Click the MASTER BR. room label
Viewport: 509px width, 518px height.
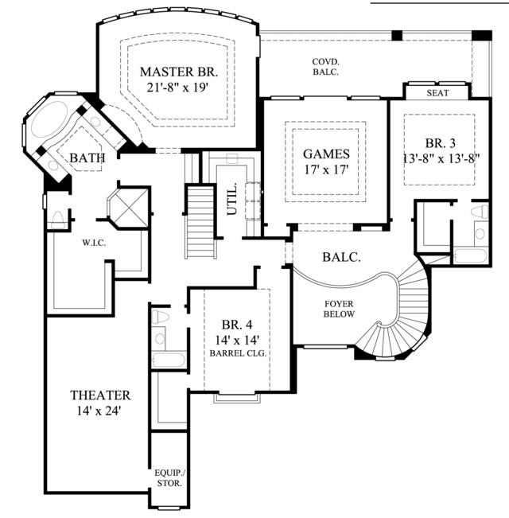[179, 72]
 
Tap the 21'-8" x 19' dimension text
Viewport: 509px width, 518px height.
[179, 88]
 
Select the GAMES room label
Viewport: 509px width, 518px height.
[326, 154]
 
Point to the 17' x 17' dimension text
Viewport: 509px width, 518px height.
[326, 169]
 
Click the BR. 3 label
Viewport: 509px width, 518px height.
[441, 143]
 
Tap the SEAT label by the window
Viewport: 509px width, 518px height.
[437, 93]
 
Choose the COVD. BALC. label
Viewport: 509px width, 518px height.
[326, 67]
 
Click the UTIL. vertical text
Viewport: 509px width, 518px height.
[232, 198]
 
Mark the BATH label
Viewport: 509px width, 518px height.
[87, 158]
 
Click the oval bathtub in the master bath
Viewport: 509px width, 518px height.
[49, 119]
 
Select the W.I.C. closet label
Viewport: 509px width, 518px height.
[94, 243]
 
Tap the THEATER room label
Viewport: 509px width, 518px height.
[100, 395]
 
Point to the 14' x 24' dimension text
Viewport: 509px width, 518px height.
[99, 411]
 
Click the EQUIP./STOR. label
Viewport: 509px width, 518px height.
[169, 478]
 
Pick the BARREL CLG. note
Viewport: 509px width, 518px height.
[238, 353]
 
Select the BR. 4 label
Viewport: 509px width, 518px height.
[237, 325]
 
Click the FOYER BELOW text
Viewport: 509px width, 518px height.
[339, 309]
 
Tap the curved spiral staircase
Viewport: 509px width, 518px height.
[404, 317]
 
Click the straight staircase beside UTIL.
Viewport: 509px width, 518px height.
[200, 222]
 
